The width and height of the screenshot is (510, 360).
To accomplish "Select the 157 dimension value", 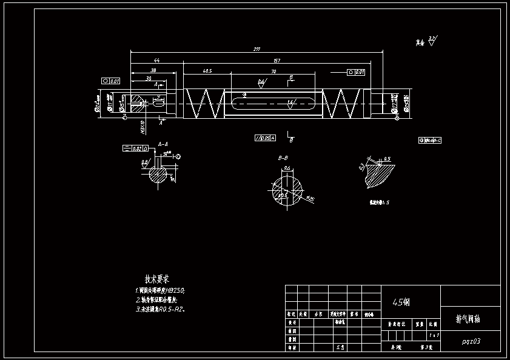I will tap(277, 60).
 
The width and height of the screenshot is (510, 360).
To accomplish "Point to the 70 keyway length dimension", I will tap(273, 71).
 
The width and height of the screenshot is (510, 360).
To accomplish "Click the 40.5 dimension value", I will tap(207, 71).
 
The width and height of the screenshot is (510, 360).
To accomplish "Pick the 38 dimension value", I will tap(153, 70).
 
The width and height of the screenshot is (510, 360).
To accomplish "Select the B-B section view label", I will tap(283, 158).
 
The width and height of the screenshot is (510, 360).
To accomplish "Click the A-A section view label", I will tap(163, 144).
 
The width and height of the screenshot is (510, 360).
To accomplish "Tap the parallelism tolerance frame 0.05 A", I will tap(265, 138).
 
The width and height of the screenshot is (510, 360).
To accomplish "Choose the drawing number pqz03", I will tap(471, 341).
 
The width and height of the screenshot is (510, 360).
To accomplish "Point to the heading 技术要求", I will tap(156, 279).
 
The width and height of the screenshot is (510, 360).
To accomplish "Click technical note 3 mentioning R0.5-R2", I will tap(159, 308).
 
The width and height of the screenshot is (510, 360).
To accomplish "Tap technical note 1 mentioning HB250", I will tap(160, 290).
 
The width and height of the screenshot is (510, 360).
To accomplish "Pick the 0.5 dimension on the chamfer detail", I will tap(387, 159).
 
